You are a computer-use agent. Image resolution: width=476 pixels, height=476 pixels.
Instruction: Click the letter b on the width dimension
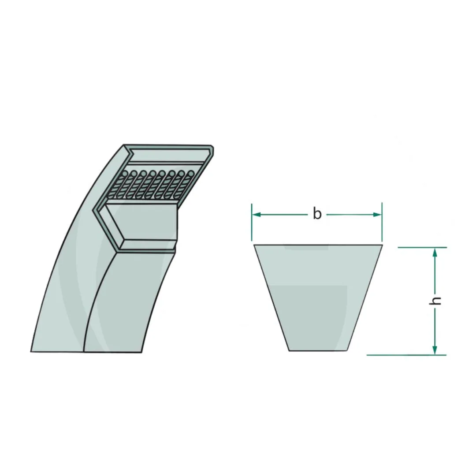click(x=317, y=214)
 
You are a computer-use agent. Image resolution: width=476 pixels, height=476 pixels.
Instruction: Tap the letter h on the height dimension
click(x=436, y=301)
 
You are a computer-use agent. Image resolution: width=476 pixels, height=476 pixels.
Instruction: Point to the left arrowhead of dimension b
click(x=257, y=215)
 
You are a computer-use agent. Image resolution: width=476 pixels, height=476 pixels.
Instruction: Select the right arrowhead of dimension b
click(x=377, y=215)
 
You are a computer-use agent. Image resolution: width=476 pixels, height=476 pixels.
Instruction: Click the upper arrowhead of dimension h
click(x=435, y=252)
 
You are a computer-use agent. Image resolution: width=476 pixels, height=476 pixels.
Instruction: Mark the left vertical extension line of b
click(x=252, y=222)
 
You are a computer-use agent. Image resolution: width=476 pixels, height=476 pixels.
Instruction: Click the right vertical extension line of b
click(x=382, y=222)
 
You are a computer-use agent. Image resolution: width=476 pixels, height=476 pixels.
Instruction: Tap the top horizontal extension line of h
click(x=422, y=247)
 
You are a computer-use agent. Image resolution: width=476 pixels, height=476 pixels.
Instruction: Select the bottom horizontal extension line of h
click(x=407, y=355)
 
